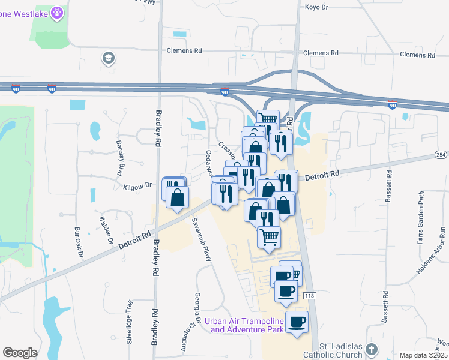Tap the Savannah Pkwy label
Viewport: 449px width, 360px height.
click(x=202, y=239)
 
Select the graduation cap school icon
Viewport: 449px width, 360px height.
click(x=109, y=58)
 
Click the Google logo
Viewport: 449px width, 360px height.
click(x=20, y=352)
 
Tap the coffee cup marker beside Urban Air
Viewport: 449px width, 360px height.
click(x=297, y=321)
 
